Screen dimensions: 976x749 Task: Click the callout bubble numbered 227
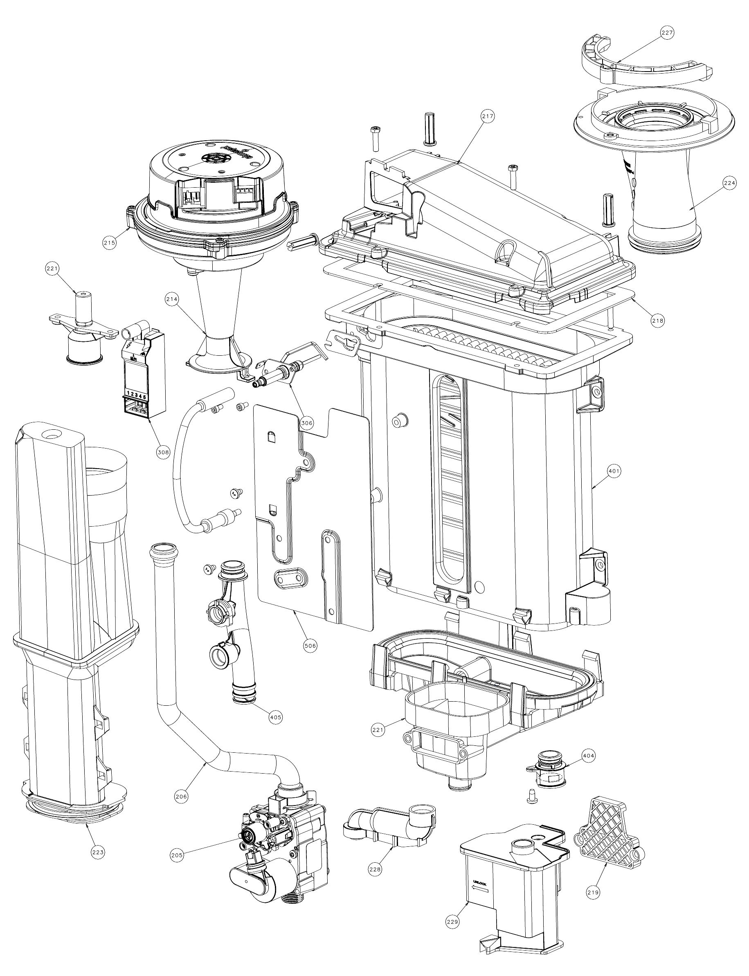pos(668,33)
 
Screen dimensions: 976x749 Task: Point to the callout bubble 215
pos(109,243)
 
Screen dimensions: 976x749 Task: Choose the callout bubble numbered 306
pos(307,422)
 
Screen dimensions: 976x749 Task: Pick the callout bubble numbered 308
pos(163,452)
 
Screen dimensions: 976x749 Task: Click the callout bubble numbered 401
pos(614,471)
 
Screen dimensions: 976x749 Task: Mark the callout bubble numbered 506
pos(310,645)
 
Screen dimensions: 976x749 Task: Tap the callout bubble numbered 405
pos(276,717)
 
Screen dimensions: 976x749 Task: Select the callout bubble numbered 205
pos(177,855)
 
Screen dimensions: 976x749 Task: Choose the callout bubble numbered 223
pos(98,852)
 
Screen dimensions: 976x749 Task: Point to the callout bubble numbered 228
pos(376,868)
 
